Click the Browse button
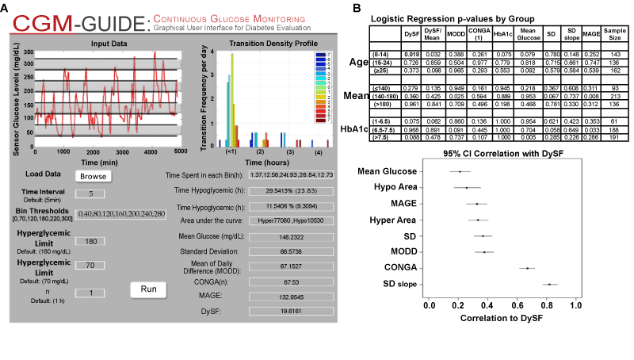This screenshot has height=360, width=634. point(93,176)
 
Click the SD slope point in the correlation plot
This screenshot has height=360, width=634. point(550,284)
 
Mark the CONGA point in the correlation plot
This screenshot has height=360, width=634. point(527,267)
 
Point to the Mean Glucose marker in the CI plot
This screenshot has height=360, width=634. point(460,170)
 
